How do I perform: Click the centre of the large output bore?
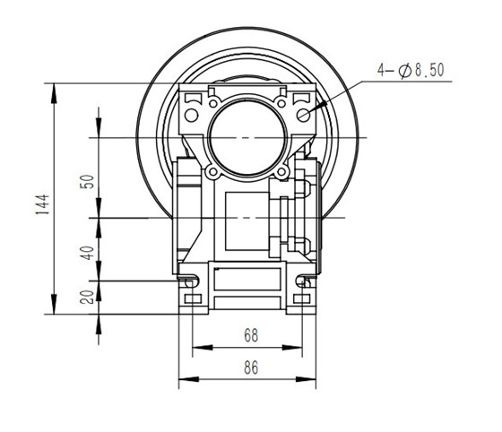coord(244,137)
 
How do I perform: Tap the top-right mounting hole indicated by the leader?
coord(305,114)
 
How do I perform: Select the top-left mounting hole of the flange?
coord(191,115)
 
